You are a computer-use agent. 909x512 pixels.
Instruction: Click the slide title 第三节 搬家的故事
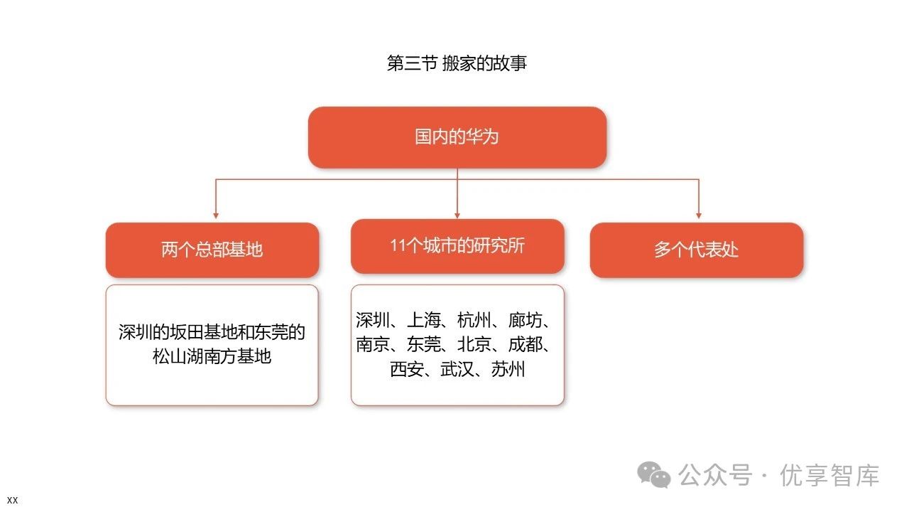(x=457, y=63)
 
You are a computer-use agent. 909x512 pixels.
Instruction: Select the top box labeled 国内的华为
(x=457, y=137)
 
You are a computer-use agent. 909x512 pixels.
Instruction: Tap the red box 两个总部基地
(x=212, y=250)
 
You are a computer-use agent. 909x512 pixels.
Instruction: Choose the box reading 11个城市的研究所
(x=457, y=246)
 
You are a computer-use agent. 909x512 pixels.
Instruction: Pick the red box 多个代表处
(x=696, y=250)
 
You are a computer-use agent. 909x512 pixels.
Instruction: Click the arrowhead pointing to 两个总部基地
(x=215, y=214)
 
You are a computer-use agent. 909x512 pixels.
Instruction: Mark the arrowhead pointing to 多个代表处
(x=699, y=214)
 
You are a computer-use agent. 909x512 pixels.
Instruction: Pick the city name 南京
(x=374, y=345)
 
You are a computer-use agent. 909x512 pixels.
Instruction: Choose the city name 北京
(x=475, y=345)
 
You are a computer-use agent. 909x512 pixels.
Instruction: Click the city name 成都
(x=526, y=345)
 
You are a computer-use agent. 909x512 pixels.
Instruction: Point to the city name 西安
(x=407, y=370)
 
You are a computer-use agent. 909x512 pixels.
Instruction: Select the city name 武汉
(x=457, y=370)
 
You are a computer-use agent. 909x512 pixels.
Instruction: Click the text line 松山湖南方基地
(x=212, y=356)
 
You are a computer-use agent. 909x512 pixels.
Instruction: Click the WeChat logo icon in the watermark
(x=653, y=474)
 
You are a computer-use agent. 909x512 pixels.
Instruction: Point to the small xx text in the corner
(x=12, y=500)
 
